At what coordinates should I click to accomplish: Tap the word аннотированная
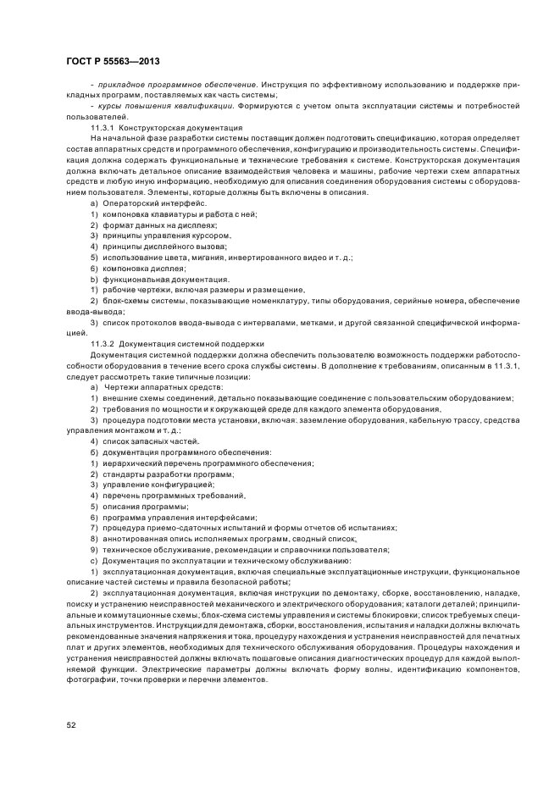[136, 539]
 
